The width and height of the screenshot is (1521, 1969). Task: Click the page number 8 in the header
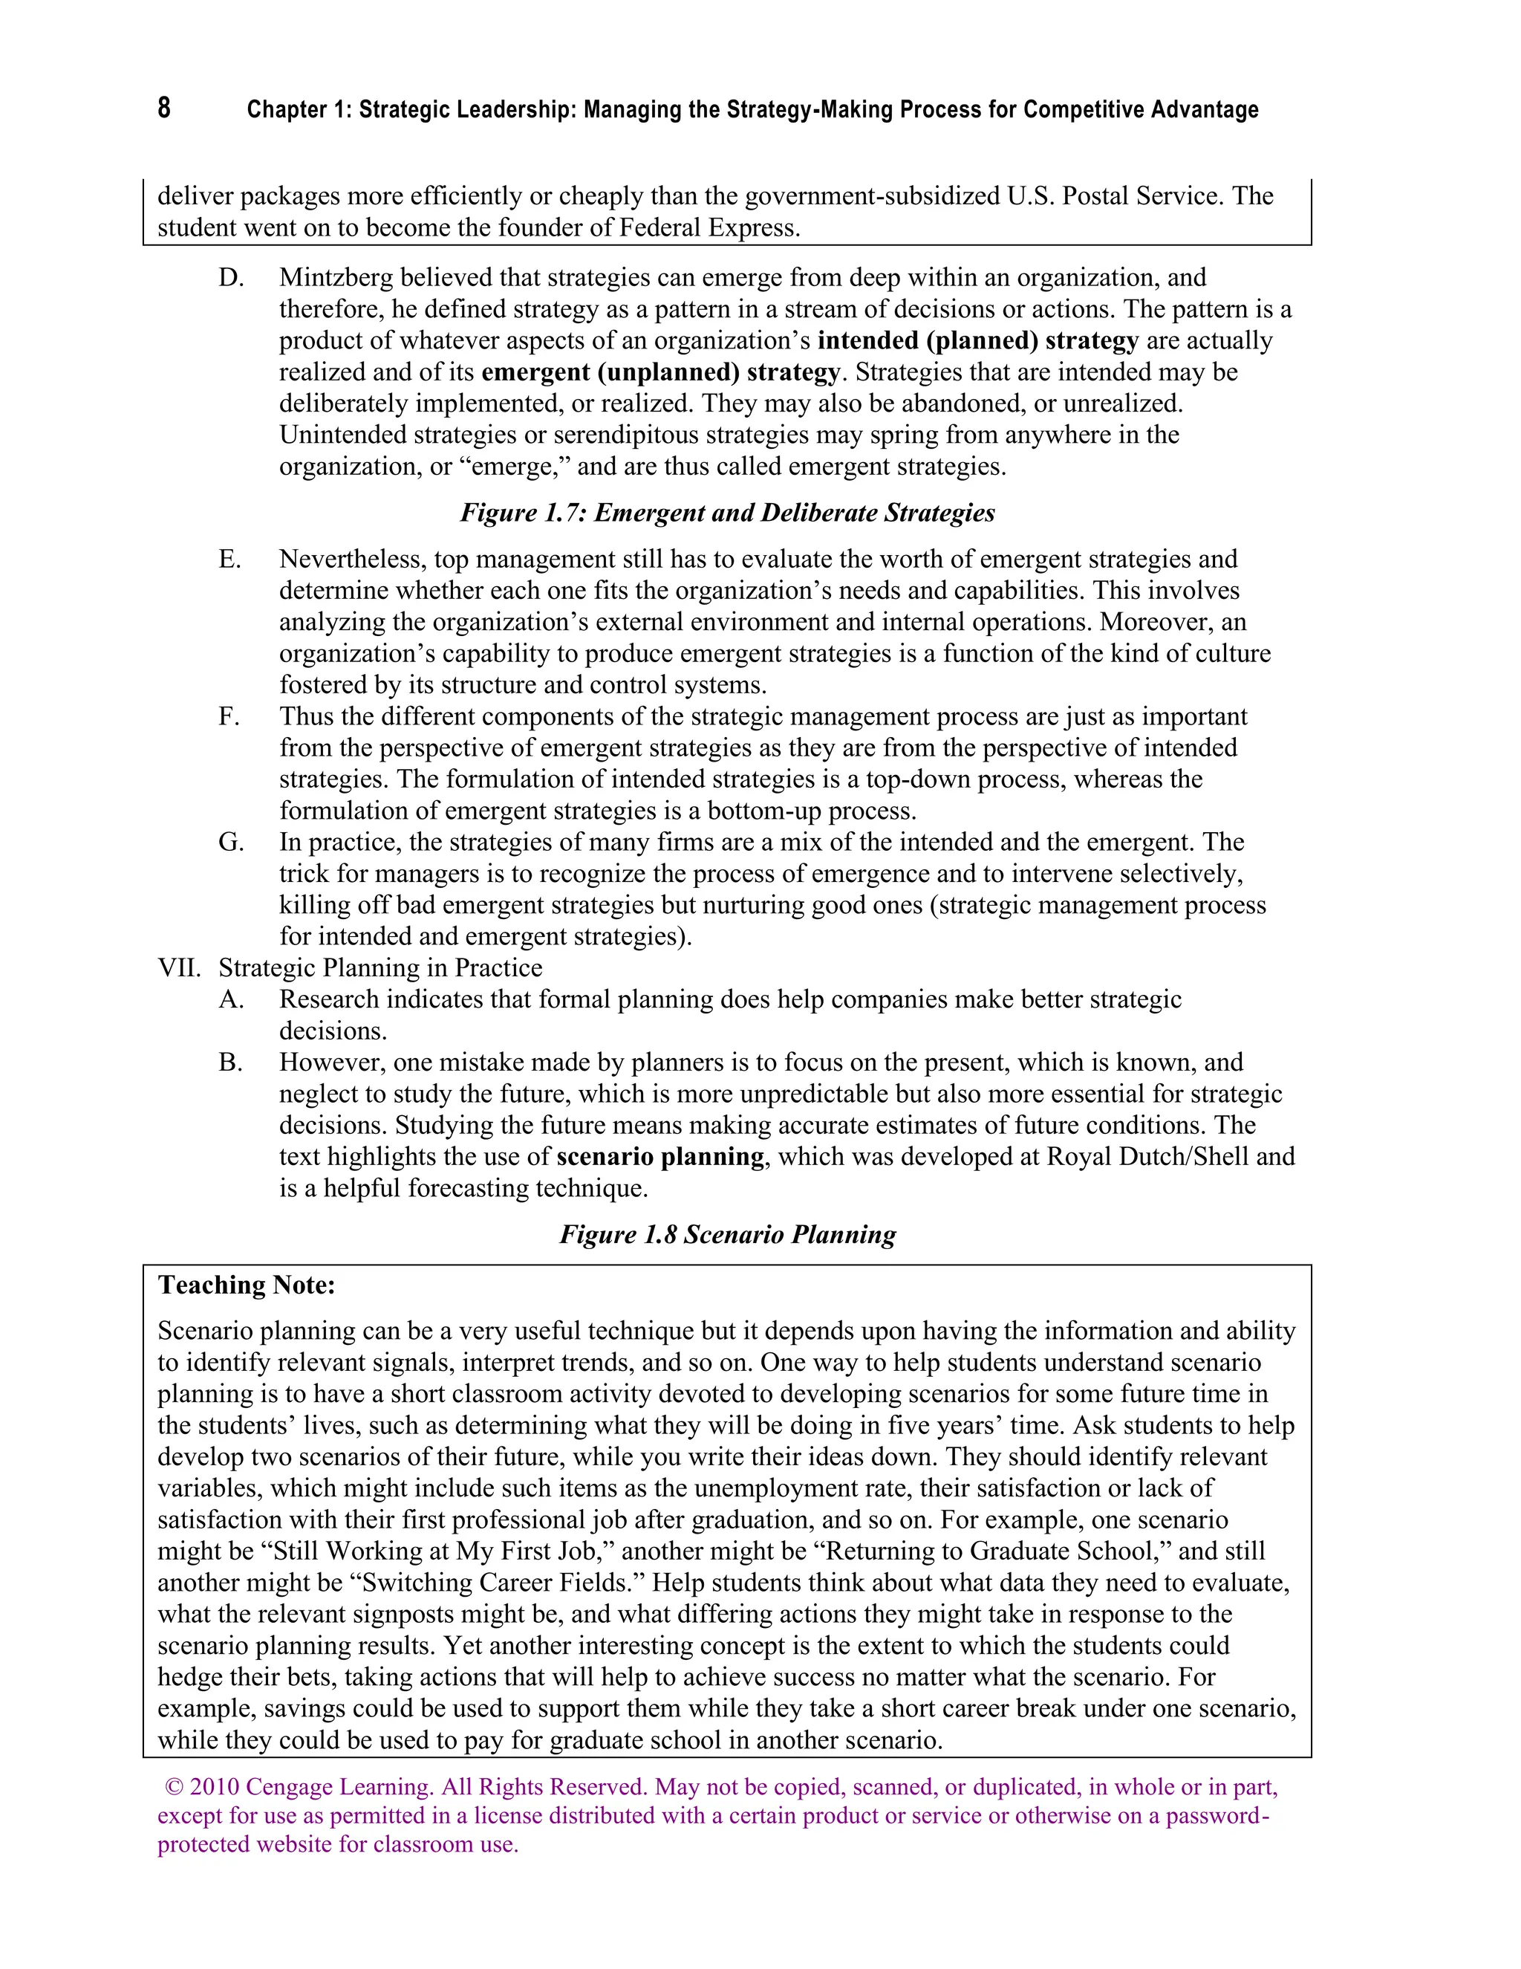(x=164, y=108)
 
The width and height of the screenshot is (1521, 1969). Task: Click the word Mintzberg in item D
(x=336, y=278)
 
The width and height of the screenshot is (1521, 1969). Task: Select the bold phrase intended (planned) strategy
(x=977, y=341)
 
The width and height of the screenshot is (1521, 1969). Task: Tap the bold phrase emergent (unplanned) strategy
(x=660, y=372)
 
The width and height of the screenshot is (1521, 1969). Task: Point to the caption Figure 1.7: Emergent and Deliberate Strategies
(x=727, y=513)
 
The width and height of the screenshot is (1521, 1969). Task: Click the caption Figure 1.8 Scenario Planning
(x=727, y=1234)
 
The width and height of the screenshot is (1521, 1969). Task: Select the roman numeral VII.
(x=179, y=968)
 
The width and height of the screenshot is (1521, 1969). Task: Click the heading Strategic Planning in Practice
(x=380, y=968)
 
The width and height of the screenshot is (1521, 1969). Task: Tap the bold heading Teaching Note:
(x=246, y=1285)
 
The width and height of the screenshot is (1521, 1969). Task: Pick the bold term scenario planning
(x=659, y=1157)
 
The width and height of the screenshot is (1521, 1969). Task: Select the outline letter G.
(x=231, y=842)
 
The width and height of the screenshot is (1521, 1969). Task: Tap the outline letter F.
(x=229, y=717)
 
